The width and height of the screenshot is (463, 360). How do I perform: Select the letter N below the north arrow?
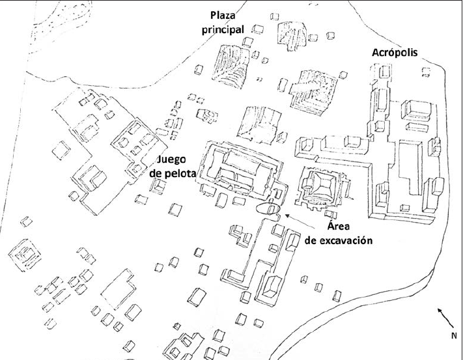coord(455,336)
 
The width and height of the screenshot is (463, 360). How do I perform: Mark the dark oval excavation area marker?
coord(268,209)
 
